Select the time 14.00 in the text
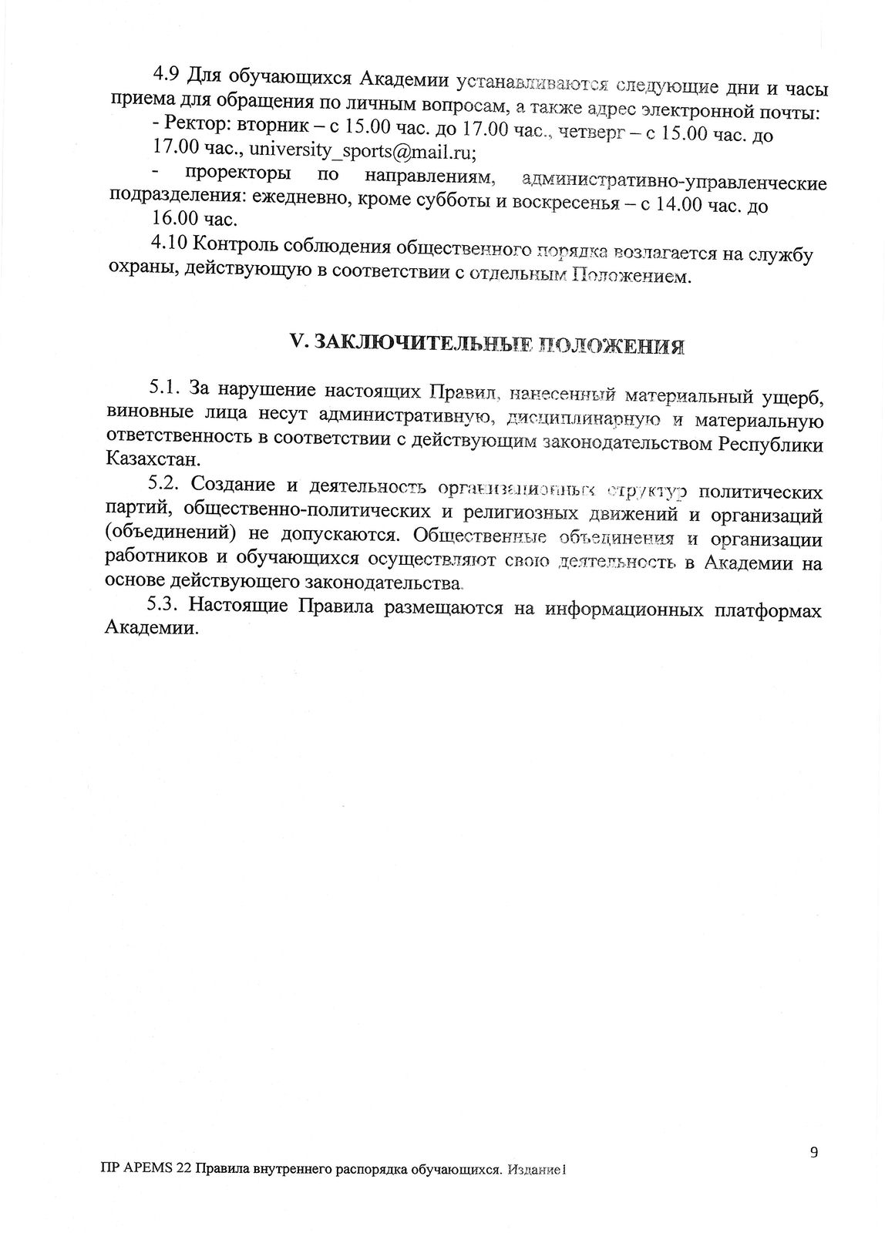(681, 206)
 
